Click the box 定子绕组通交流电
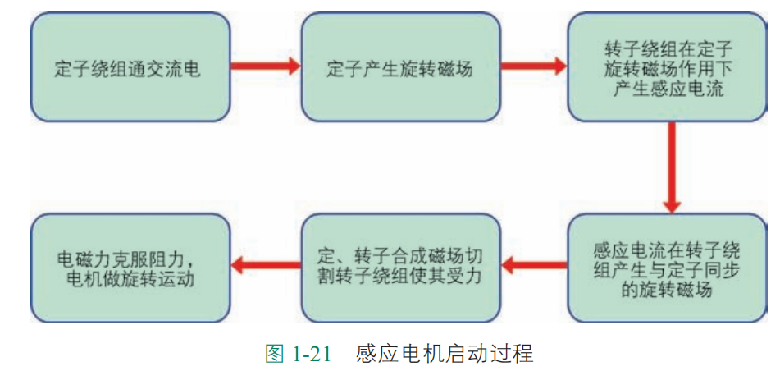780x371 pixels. (130, 67)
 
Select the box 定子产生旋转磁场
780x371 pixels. (400, 67)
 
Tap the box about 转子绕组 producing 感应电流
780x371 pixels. (668, 67)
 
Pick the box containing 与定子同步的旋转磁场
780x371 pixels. (668, 268)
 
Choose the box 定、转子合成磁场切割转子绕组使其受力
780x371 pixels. (400, 268)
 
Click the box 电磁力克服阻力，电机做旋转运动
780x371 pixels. (130, 268)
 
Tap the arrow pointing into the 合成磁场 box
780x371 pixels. (534, 265)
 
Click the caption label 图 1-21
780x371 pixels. (298, 355)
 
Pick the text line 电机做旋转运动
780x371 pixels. (130, 279)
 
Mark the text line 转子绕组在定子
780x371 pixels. (668, 48)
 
